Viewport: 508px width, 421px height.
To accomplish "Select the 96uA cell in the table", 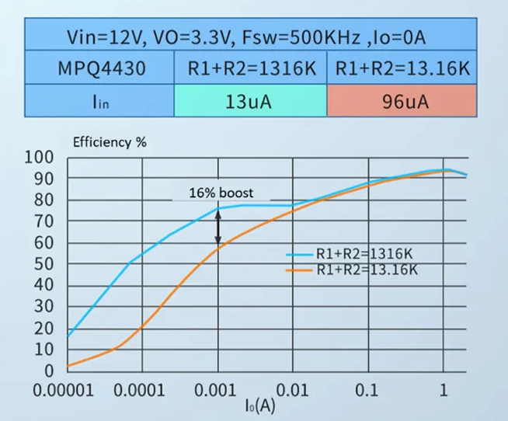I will [x=402, y=101].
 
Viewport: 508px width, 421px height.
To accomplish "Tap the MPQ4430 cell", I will [x=102, y=68].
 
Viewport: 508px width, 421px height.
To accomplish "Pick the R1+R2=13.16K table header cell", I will [x=402, y=68].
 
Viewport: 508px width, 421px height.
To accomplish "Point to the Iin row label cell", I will [x=102, y=101].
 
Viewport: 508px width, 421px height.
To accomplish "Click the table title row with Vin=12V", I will [x=249, y=37].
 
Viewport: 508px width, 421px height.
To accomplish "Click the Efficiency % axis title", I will [x=109, y=142].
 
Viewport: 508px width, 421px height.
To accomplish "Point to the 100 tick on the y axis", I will [x=40, y=158].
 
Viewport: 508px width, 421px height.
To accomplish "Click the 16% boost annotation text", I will [x=221, y=193].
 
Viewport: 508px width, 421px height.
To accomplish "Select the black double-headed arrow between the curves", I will [x=218, y=228].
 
